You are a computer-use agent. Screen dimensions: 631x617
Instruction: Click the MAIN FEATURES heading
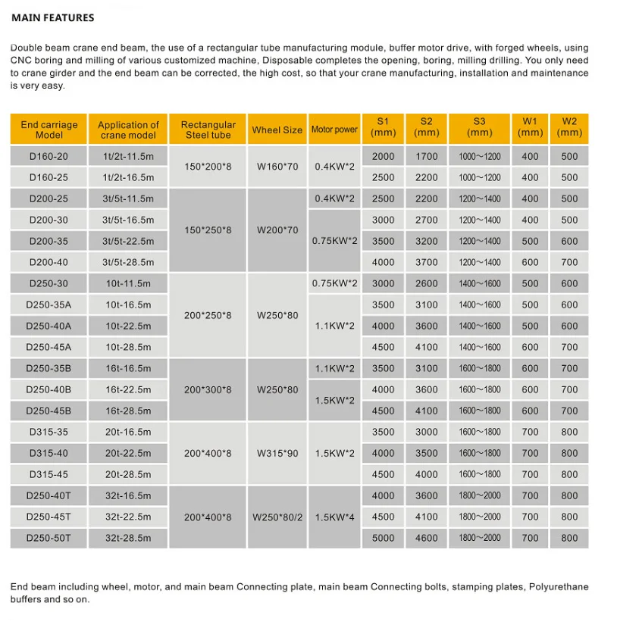tap(52, 17)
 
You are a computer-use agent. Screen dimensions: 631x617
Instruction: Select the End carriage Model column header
tap(49, 130)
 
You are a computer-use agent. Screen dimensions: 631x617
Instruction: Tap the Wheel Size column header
tap(277, 130)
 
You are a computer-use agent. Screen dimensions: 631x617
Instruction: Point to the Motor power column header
tap(334, 130)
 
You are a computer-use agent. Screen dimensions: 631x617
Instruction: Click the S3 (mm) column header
tap(479, 127)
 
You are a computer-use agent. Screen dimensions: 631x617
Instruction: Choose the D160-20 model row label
tap(49, 156)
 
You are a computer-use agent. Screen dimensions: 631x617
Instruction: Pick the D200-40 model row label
tap(49, 262)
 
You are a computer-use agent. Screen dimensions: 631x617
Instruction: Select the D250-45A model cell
tap(49, 347)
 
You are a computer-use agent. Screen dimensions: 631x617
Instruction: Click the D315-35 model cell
tap(49, 432)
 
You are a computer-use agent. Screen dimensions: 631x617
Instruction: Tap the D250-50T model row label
tap(49, 538)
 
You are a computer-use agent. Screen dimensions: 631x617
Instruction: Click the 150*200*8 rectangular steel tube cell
tap(208, 167)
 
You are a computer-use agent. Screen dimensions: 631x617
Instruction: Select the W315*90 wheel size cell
tap(277, 453)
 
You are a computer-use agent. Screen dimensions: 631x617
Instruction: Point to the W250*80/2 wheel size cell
tap(277, 517)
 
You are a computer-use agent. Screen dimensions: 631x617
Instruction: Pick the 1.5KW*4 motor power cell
tap(334, 517)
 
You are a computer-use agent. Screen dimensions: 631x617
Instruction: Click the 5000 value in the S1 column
tap(384, 538)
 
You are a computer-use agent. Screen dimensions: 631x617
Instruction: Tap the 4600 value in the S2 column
tap(427, 538)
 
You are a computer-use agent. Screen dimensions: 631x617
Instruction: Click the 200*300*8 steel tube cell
tap(208, 389)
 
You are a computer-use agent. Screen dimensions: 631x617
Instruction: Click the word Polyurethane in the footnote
tap(558, 587)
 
